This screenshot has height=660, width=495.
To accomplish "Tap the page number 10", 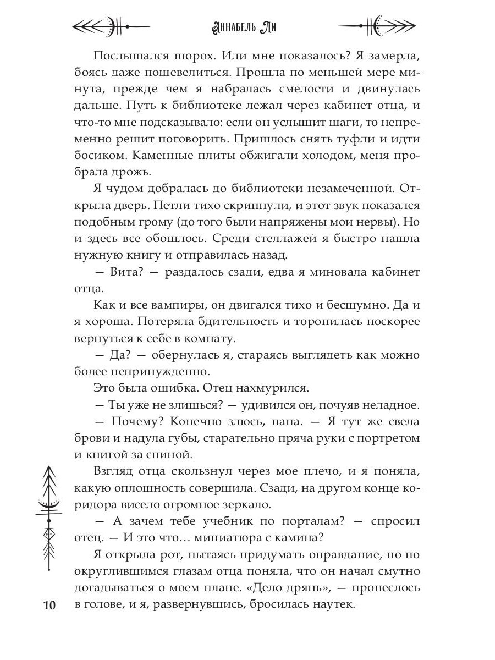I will click(x=49, y=606).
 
